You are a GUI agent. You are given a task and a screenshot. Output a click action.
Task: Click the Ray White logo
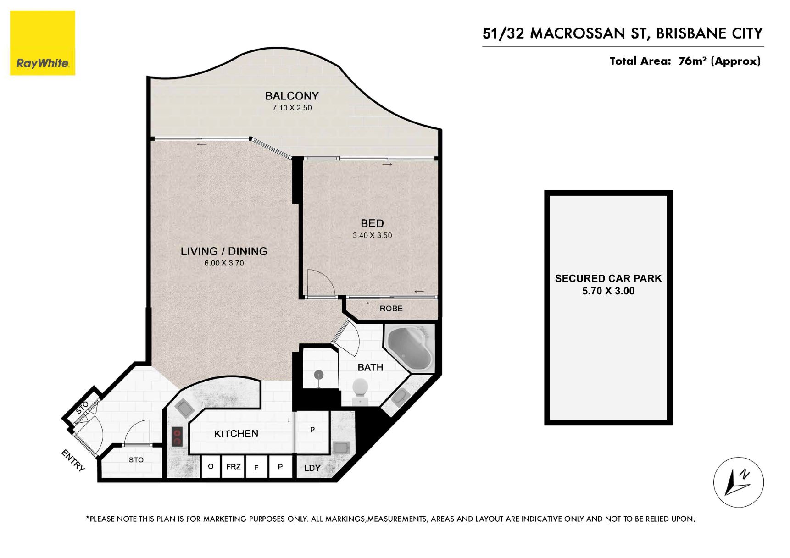43,43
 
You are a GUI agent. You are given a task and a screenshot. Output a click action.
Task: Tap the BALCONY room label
292,96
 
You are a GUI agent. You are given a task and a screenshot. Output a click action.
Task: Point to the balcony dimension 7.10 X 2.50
292,108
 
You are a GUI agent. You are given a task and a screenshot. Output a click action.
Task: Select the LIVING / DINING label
224,251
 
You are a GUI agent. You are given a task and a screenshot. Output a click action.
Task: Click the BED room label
372,223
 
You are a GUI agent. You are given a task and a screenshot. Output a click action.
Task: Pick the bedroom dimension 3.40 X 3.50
372,235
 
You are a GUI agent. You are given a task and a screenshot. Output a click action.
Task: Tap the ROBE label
391,309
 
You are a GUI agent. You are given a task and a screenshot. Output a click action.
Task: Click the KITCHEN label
236,434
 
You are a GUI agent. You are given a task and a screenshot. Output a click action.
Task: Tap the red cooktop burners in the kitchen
177,436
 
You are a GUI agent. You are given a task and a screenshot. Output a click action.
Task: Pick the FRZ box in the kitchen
234,467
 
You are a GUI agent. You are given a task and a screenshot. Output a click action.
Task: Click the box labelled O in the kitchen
211,467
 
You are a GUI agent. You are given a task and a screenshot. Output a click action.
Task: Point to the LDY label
312,468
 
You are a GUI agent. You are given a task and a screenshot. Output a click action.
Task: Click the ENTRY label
73,460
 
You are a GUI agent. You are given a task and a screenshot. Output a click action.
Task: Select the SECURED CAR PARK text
608,278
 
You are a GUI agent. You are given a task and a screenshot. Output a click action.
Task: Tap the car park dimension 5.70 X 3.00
608,291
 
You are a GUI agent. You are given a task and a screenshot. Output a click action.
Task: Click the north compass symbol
739,482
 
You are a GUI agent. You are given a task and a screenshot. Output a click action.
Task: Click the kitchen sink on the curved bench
184,408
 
